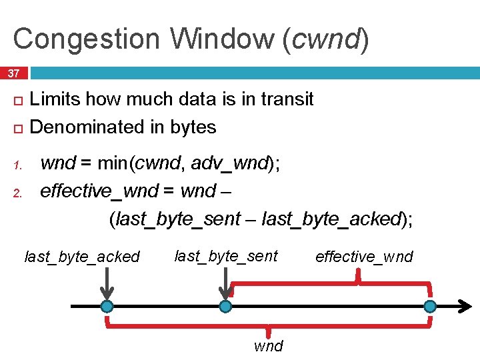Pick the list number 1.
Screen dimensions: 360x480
(19, 165)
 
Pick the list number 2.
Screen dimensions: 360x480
(19, 193)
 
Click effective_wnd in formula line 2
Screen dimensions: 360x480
(99, 191)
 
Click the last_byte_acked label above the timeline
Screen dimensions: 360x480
(82, 257)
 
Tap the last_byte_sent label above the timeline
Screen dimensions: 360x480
(226, 255)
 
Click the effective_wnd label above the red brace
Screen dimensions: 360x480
(364, 257)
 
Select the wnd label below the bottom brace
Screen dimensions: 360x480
(268, 345)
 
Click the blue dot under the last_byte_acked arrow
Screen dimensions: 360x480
(107, 307)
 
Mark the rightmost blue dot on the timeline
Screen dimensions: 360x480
(430, 307)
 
